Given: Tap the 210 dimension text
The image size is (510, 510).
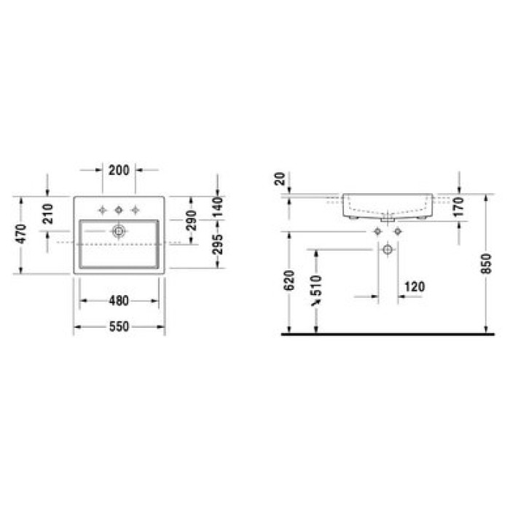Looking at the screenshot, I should click(x=49, y=213).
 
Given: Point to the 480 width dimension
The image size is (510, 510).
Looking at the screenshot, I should click(x=119, y=300).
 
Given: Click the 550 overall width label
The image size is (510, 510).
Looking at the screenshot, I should click(x=119, y=327).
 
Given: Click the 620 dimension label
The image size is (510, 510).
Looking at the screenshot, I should click(x=289, y=281).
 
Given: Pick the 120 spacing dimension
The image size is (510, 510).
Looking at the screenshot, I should click(x=414, y=287).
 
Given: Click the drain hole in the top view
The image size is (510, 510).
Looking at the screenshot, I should click(x=118, y=231).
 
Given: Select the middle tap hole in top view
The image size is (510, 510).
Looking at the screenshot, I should click(x=119, y=211).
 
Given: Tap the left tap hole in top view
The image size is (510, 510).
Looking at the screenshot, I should click(x=103, y=211).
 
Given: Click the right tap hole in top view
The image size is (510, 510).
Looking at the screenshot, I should click(x=135, y=211).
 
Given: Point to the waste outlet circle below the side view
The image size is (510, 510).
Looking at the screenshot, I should click(x=388, y=250).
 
